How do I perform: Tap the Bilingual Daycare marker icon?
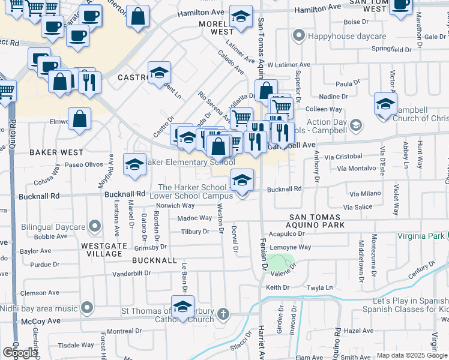(94, 226)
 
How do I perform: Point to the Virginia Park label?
(423, 236)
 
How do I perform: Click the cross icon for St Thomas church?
(223, 313)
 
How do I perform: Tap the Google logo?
(20, 353)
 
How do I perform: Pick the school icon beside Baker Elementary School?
(135, 164)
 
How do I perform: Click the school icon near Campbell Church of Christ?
(385, 103)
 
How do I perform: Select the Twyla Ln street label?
(320, 288)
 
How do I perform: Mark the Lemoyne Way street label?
(291, 247)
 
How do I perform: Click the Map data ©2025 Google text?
(411, 355)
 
